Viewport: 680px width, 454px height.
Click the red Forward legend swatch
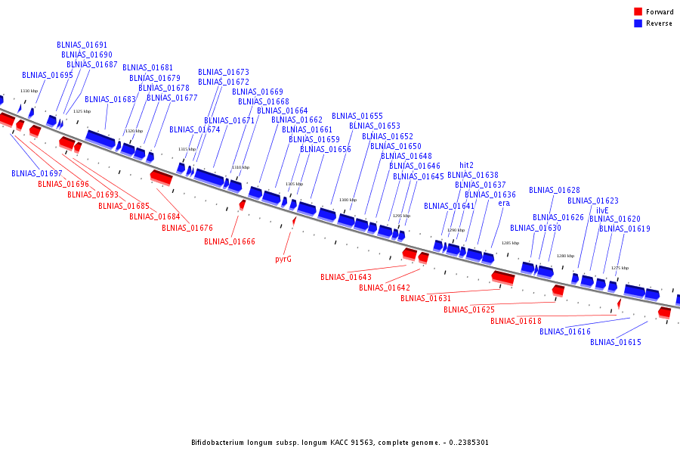click(x=638, y=11)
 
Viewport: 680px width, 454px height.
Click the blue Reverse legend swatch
click(x=638, y=23)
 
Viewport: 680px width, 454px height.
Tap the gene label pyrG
click(x=283, y=259)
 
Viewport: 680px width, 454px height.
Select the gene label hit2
click(x=467, y=165)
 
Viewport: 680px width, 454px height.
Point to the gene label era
click(x=504, y=204)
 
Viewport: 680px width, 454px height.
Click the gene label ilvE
click(x=602, y=210)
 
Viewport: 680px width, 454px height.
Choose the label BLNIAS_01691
click(x=82, y=45)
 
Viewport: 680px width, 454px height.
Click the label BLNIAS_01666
click(x=230, y=241)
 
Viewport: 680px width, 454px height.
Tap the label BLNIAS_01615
click(x=616, y=342)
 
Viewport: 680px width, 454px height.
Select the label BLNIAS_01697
click(x=37, y=173)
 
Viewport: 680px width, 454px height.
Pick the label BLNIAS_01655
click(x=357, y=116)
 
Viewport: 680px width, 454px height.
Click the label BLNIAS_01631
click(x=426, y=298)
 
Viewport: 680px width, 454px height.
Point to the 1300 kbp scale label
click(x=348, y=200)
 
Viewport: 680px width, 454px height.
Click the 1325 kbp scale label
click(x=82, y=111)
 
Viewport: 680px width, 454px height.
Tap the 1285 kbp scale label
click(x=510, y=243)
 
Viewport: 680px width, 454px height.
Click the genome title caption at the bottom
click(x=339, y=442)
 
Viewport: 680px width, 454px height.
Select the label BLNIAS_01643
click(x=346, y=277)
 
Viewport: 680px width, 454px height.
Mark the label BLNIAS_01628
click(x=555, y=190)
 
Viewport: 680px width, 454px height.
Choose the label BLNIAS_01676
click(x=187, y=228)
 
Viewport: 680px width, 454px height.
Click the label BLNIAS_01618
click(x=516, y=321)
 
